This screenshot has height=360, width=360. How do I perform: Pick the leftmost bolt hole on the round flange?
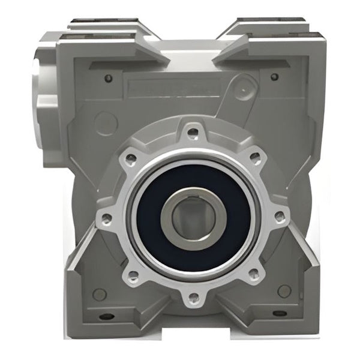tap(106, 218)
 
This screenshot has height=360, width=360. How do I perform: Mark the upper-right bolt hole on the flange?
tap(255, 158)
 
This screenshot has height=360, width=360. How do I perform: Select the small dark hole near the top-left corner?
tap(108, 77)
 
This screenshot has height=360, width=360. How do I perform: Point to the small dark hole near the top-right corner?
tap(274, 77)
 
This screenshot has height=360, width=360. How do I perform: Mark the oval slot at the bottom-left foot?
tap(106, 317)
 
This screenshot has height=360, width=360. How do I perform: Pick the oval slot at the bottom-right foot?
tap(280, 313)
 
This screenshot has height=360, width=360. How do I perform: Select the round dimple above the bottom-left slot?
tap(100, 294)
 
